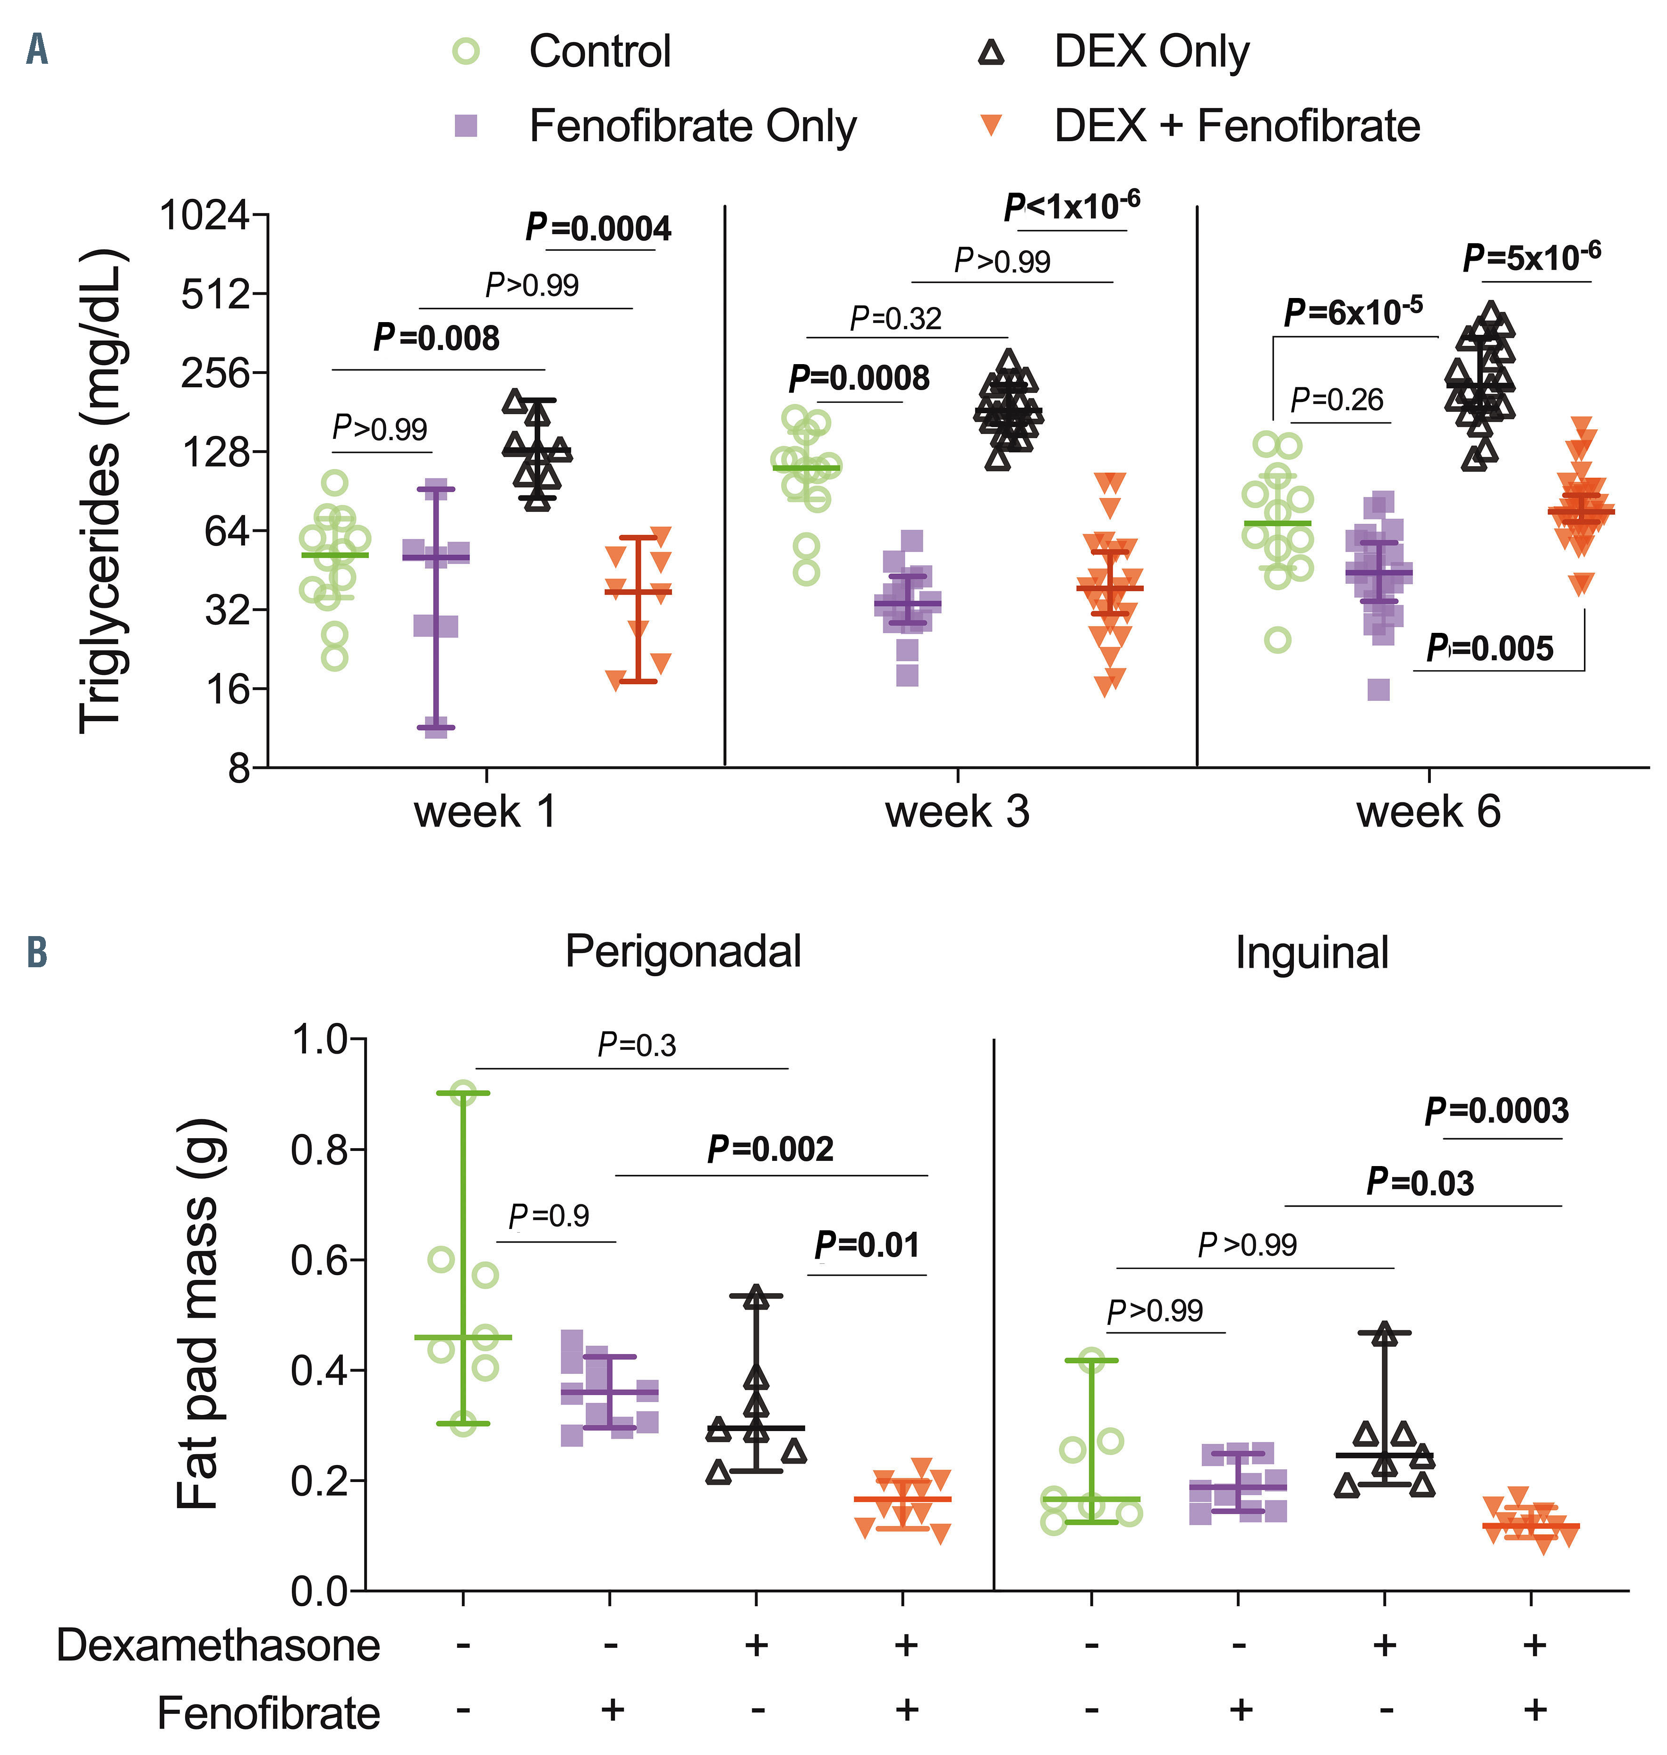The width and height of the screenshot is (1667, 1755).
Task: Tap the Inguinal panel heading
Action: coord(1311,954)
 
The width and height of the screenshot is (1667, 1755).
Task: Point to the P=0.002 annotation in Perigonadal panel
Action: coord(770,1149)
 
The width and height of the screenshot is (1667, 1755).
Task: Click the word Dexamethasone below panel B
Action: coord(219,1645)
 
